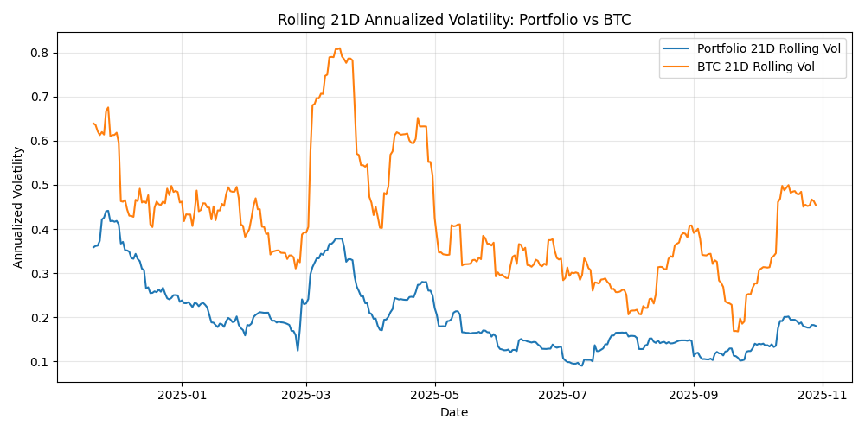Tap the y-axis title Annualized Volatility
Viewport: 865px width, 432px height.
point(18,206)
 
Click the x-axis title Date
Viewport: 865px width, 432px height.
point(454,413)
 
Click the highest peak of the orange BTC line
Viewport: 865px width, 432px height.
point(338,48)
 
